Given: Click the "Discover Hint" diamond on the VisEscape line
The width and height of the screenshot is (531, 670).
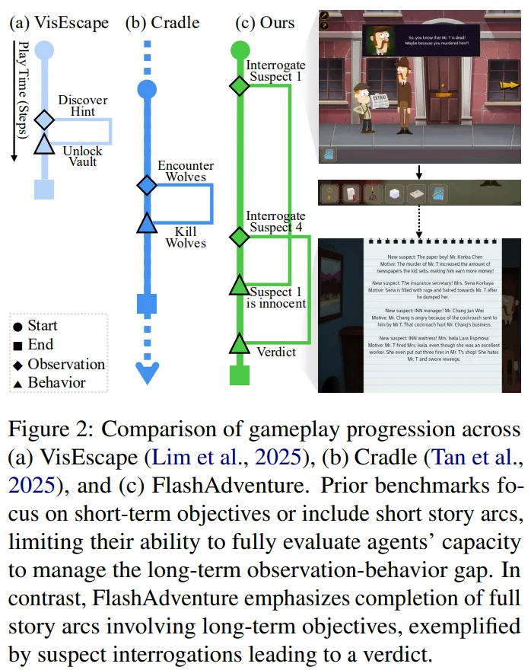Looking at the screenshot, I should tap(45, 119).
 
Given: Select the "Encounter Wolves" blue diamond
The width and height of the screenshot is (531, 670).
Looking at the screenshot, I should tap(146, 185).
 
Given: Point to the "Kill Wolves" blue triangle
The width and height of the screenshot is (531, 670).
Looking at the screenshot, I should tap(146, 223).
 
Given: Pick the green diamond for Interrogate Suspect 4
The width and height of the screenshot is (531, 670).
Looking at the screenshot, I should tap(240, 237).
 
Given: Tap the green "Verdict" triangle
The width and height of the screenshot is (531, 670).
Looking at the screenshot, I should tap(240, 343).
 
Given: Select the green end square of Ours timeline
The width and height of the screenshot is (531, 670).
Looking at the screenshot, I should tap(240, 375).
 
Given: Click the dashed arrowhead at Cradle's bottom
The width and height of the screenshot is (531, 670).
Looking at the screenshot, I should tap(146, 372).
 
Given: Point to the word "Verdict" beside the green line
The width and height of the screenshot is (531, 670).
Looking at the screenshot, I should tap(275, 352).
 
